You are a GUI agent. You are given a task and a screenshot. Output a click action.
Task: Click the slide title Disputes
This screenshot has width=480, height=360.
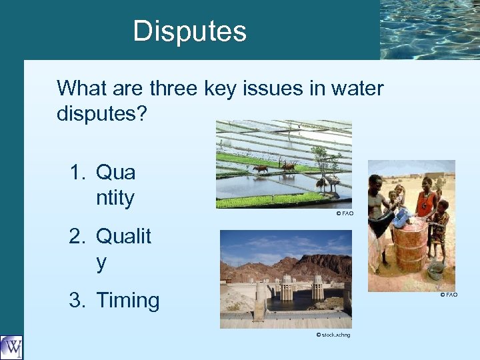pos(189,31)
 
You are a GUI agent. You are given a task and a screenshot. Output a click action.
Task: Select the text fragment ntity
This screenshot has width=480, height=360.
pos(115,198)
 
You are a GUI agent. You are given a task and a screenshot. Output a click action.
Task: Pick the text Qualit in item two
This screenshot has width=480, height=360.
pos(124,236)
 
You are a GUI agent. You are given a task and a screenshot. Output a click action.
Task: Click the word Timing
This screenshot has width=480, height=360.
pos(128,301)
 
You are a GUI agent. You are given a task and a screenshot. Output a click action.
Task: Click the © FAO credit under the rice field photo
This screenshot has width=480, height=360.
pos(344,213)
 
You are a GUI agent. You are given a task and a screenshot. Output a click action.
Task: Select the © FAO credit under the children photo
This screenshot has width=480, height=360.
pos(448,295)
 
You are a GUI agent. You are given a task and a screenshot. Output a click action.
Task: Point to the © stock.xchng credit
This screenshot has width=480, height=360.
pos(333,335)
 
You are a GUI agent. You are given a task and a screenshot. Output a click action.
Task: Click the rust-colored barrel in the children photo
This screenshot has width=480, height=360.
pos(411,243)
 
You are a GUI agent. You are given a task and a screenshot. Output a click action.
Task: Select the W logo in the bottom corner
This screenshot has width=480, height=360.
pos(11,347)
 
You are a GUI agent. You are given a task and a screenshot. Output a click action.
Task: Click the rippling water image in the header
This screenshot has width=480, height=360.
pos(429,29)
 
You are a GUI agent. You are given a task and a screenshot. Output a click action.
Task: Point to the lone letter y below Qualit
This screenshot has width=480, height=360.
pos(101,263)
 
